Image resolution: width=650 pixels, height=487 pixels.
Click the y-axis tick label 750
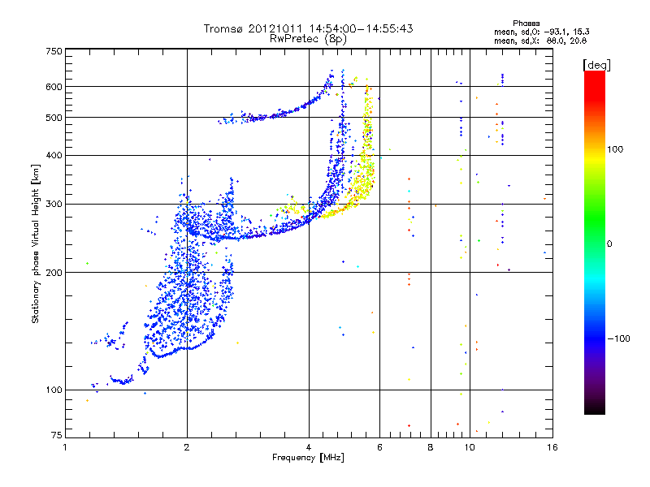pos(54,50)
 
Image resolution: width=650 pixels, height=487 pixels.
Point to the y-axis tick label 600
pos(54,86)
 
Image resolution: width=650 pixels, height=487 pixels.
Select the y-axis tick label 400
pos(54,155)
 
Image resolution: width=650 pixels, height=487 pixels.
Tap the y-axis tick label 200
pos(54,273)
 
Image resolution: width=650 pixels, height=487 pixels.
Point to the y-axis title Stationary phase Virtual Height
pos(36,244)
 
